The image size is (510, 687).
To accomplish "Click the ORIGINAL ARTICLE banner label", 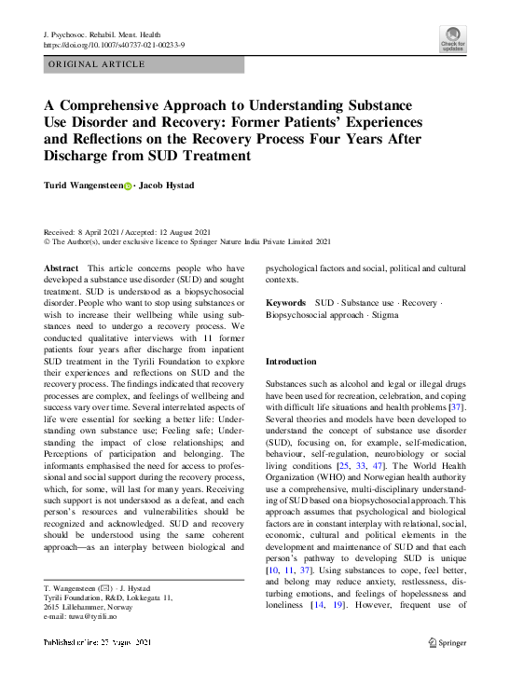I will tap(96, 64).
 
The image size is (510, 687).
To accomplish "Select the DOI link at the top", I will tap(116, 45).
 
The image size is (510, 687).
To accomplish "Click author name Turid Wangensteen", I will tap(82, 186).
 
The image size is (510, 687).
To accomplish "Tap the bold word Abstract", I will tap(62, 268).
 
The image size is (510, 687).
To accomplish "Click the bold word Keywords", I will tap(285, 303).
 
